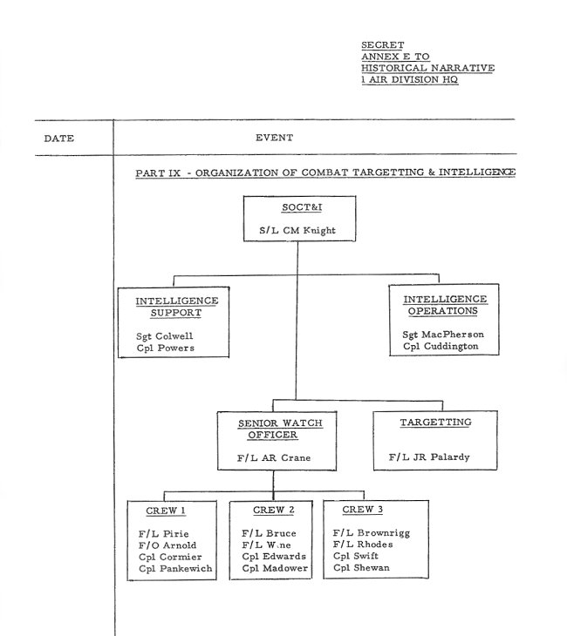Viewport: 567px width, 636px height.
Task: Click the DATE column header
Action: click(59, 138)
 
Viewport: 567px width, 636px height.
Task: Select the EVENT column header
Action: click(274, 138)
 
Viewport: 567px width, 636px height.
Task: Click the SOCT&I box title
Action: click(297, 209)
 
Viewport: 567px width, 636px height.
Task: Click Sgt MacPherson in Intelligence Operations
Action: click(443, 334)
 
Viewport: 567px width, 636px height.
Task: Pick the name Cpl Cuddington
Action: click(441, 348)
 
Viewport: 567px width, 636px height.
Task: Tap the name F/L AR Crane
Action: click(273, 457)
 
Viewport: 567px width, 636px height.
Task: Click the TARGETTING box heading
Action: click(435, 423)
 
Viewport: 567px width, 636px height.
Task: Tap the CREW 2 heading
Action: click(273, 510)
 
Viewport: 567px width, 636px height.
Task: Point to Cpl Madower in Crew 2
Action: click(275, 569)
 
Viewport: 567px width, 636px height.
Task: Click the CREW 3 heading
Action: click(364, 510)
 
